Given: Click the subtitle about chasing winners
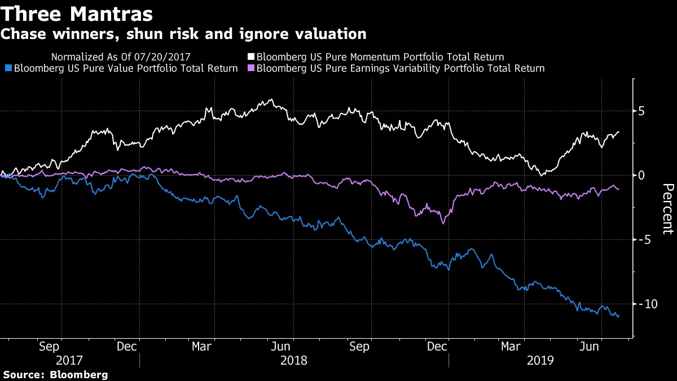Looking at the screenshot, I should (x=183, y=34).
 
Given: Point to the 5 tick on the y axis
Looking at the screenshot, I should (x=641, y=111).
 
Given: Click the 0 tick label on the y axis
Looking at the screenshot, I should (x=641, y=176).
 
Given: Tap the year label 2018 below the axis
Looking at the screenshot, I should (x=293, y=360).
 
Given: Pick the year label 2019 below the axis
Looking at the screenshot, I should (x=539, y=360).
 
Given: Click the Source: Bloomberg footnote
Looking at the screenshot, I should (x=55, y=375).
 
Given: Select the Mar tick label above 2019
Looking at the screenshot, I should (x=511, y=346).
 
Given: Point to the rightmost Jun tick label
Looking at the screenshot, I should (x=590, y=346).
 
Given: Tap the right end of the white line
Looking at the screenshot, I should (x=619, y=132).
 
